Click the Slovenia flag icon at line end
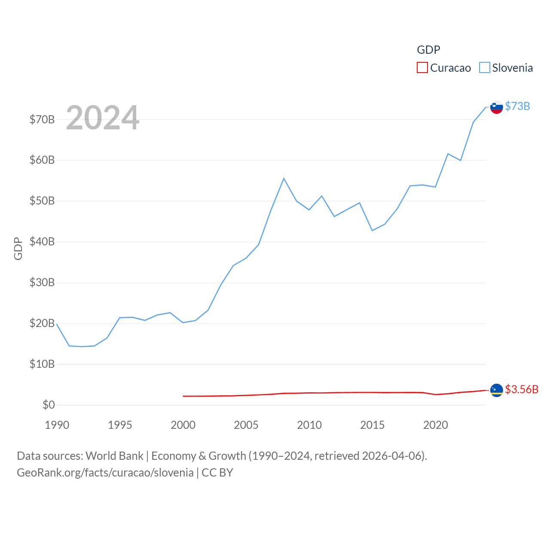point(496,107)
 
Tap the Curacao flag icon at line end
point(496,390)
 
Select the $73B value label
point(517,106)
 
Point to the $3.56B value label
point(522,389)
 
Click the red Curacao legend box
point(422,68)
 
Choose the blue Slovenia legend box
point(485,68)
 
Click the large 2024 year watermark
point(103,118)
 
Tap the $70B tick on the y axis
point(42,119)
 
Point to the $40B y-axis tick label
point(42,242)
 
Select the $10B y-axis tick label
point(42,364)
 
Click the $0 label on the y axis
point(49,405)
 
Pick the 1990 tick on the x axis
point(57,425)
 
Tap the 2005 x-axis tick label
point(246,425)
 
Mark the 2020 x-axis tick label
point(436,425)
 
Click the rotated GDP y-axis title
point(18,248)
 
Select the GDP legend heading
point(428,50)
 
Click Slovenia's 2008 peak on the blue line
point(284,178)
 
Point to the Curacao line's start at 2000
point(183,396)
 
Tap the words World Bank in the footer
point(114,455)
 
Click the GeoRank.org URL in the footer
point(105,473)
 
